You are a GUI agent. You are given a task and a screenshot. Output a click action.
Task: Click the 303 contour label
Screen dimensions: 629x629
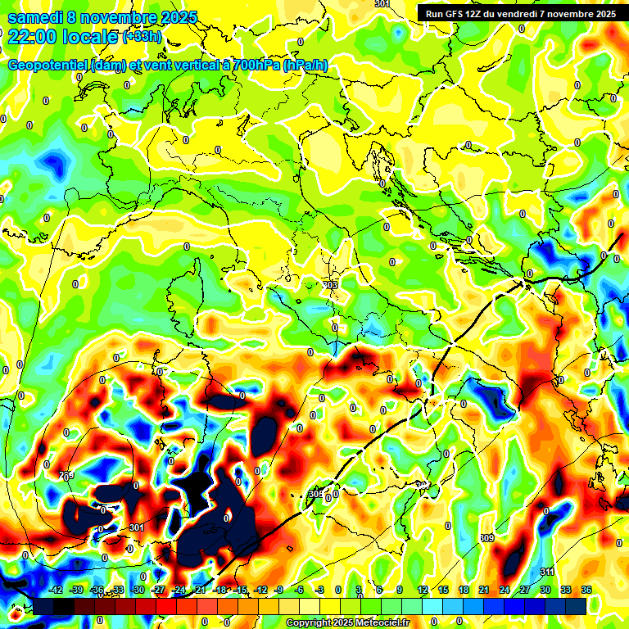point(330,285)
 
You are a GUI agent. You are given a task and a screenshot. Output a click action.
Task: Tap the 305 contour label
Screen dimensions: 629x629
point(316,494)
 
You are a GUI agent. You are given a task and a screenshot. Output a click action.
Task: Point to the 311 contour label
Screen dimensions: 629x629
point(547,571)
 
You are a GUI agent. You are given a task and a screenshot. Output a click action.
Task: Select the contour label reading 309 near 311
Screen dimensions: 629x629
point(486,538)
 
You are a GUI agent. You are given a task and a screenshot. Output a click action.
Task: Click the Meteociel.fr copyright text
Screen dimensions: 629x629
point(347,622)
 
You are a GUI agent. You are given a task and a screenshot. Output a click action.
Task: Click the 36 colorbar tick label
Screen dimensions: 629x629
point(586,590)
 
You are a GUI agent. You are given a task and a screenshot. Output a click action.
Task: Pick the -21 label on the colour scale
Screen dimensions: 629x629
point(198,590)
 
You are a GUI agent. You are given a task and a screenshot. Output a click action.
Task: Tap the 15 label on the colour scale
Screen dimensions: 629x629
point(443,590)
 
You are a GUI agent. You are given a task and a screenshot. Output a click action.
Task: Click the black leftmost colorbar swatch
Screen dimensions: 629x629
point(43,606)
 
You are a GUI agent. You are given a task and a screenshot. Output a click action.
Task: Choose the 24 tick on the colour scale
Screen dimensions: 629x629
point(505,590)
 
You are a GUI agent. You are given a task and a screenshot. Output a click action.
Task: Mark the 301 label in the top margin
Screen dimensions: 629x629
point(382,4)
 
